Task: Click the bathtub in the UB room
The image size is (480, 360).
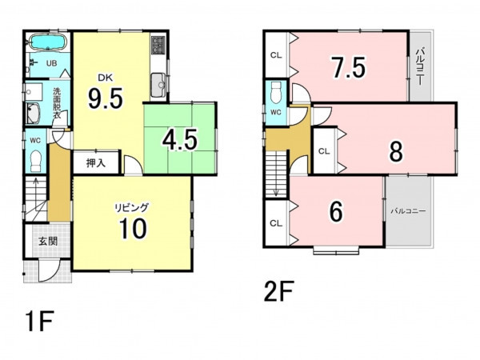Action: pos(47,42)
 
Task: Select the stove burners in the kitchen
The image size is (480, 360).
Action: pos(158,45)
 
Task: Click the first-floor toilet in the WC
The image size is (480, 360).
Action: pos(37,162)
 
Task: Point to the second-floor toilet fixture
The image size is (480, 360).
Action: pos(276,93)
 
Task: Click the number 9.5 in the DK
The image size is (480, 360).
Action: pos(106,98)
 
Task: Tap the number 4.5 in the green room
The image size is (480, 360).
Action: pos(180,139)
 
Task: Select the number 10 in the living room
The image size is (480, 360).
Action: pos(134,228)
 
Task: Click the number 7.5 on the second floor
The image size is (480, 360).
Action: pos(349,67)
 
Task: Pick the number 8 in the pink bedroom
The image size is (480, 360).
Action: pos(396,151)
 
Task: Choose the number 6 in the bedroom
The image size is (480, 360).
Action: pos(336,212)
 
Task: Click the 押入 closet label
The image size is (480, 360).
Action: pos(96,163)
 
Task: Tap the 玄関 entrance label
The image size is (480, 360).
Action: pos(48,241)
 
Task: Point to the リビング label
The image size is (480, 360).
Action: pos(132,207)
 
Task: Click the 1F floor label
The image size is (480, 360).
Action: pos(39,321)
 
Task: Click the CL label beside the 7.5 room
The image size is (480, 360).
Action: pos(276,55)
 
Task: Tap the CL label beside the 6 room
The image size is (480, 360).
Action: pos(276,223)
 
